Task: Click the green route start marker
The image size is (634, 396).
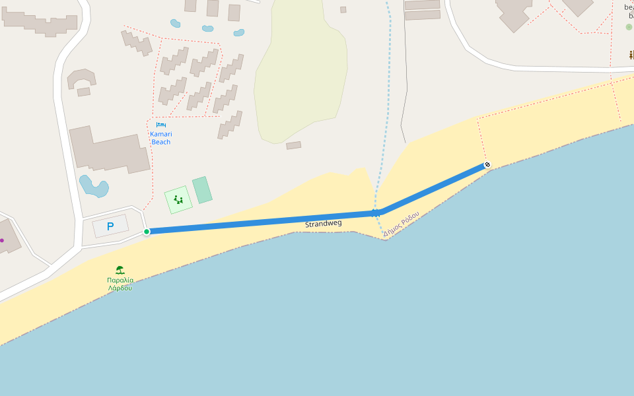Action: (147, 231)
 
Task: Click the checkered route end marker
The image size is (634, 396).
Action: (487, 164)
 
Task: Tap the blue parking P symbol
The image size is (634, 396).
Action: (110, 226)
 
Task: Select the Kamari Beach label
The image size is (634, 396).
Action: (160, 138)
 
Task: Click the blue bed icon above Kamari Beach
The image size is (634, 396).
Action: (160, 125)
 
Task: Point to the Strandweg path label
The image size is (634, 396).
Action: (323, 224)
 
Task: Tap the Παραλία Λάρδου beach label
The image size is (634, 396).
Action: (120, 284)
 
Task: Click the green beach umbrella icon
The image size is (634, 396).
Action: (120, 270)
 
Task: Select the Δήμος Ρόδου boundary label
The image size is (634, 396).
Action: (401, 224)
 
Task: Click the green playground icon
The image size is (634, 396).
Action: (178, 199)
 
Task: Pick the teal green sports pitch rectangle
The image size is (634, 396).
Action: (202, 190)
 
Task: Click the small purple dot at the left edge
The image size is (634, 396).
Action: (2, 240)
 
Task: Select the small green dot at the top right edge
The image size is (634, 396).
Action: (629, 27)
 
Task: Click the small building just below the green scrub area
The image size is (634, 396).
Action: (294, 145)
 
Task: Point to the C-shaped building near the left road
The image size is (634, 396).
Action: (81, 79)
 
